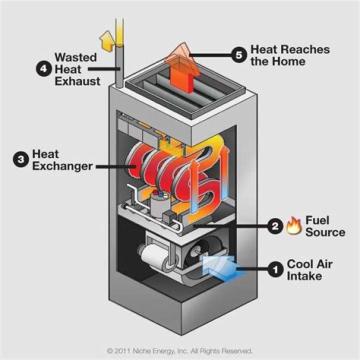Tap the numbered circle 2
pos(274,226)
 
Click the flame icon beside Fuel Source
pos(292,226)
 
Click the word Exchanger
pos(62,165)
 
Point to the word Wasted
pos(76,57)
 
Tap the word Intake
pos(303,275)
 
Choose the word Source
pos(325,232)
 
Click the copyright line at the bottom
pos(179,351)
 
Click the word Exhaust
pos(77,80)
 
